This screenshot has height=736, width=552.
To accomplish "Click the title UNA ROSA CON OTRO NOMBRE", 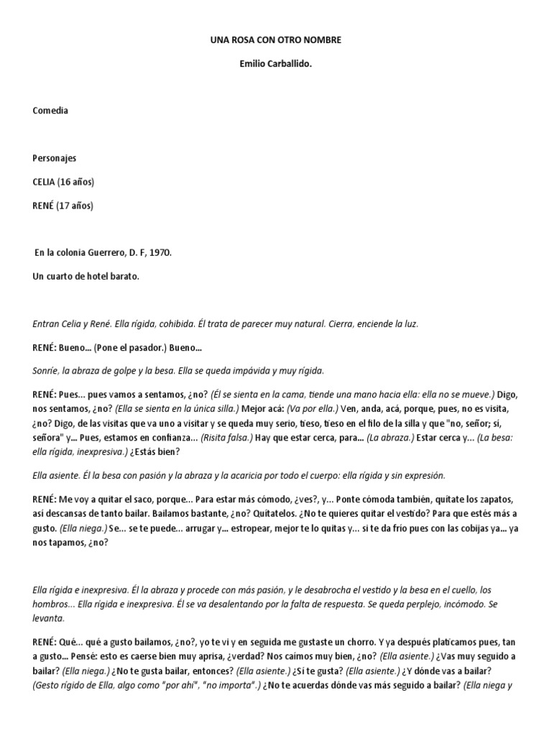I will point(276,40).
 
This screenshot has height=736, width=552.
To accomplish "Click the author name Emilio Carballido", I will point(276,64).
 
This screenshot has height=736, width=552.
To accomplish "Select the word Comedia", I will point(51,111).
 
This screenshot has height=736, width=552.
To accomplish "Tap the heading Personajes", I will point(55,158).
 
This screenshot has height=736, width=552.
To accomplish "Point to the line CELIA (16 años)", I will point(63,182).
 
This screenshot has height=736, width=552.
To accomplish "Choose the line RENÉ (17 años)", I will point(63,206).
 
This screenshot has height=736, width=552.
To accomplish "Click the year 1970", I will point(159,253).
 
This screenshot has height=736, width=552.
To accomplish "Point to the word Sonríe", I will point(47,371).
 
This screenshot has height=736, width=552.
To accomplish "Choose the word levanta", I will point(49,618).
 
